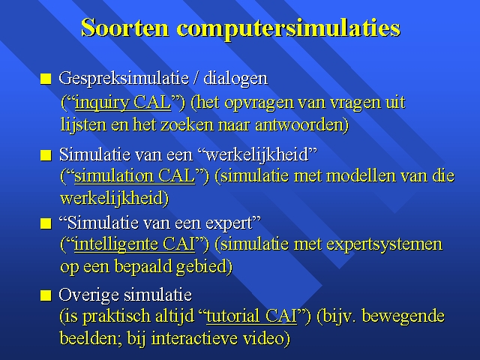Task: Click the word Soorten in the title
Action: pos(125,28)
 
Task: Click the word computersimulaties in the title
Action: pos(288,29)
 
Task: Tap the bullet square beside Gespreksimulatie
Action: pos(46,79)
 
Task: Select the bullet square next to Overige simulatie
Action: pos(46,295)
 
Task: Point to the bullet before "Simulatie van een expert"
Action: pos(46,223)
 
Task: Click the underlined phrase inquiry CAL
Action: pos(123,103)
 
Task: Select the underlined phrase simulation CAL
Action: pos(135,176)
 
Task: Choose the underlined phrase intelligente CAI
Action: pos(135,244)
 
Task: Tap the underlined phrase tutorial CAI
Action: pos(252,316)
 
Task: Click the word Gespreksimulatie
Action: pos(123,79)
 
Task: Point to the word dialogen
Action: pos(235,79)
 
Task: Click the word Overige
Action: pos(88,295)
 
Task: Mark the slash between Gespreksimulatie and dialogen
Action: pos(196,79)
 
